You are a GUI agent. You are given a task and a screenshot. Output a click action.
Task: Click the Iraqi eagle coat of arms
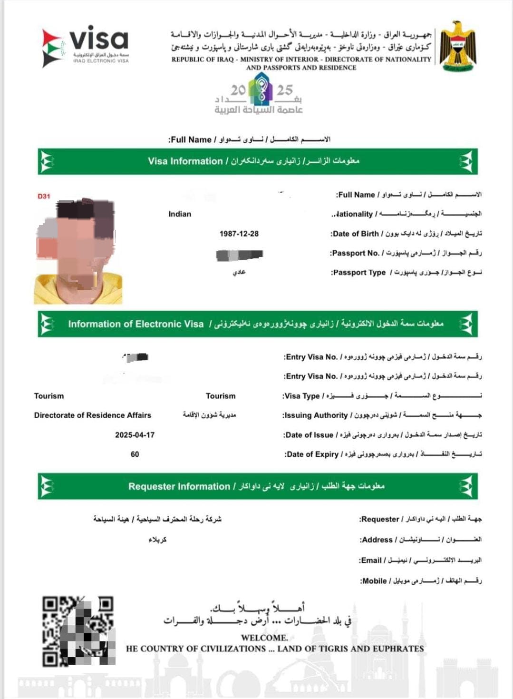[457, 46]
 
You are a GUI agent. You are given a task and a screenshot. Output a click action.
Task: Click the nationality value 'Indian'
[180, 214]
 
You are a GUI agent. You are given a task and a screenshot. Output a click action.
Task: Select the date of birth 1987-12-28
[239, 234]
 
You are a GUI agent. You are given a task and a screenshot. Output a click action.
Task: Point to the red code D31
[44, 196]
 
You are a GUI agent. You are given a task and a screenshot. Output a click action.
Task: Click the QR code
[78, 630]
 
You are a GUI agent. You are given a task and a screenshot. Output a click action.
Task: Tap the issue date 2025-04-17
[135, 435]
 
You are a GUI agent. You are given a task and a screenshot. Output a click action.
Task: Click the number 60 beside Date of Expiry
[135, 454]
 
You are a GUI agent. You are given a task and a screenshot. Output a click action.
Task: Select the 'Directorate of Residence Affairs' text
[92, 415]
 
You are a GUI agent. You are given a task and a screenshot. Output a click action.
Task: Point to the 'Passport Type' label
[359, 273]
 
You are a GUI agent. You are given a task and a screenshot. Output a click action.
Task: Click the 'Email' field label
[371, 561]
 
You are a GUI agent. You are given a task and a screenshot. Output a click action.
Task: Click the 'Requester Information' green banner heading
[179, 486]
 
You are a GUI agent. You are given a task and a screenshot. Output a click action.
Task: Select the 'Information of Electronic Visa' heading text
[136, 324]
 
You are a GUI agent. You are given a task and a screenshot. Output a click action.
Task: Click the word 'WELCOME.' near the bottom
[264, 638]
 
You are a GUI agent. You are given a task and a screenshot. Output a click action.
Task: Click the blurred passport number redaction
[239, 255]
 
